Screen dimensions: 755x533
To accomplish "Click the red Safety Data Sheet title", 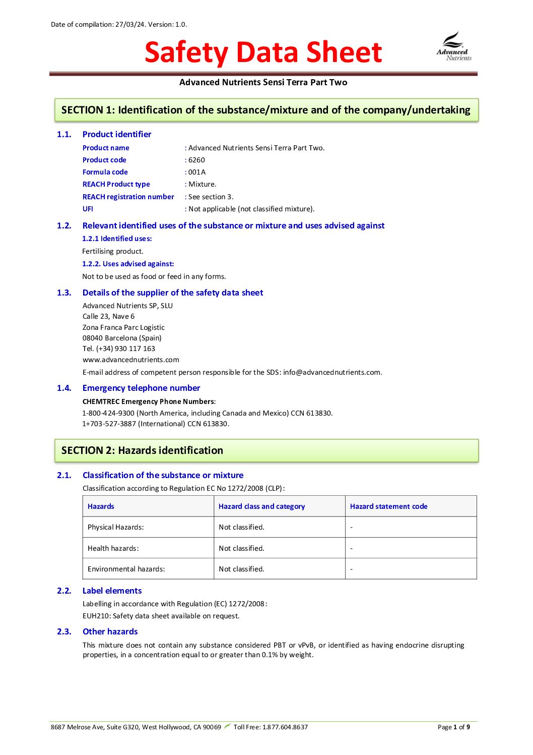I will click(263, 52).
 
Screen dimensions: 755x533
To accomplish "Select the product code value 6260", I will click(196, 160).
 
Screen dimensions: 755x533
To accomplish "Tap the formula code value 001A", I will click(197, 172).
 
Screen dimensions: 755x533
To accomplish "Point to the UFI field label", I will click(88, 209).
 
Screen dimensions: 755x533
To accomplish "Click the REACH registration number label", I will click(128, 197).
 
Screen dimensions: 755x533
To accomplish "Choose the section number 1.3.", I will click(64, 293).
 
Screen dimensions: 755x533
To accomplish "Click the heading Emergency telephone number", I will click(141, 388).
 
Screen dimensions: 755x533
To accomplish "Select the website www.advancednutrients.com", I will click(130, 360).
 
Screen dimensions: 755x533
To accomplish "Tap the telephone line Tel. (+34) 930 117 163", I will click(119, 349).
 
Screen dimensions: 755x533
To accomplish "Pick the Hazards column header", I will click(101, 506).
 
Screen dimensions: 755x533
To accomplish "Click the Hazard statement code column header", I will click(388, 506).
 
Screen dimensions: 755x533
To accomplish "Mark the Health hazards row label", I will click(113, 548).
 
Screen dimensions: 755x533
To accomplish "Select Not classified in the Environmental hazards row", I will click(241, 569).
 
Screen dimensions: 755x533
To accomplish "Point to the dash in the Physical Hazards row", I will click(351, 528).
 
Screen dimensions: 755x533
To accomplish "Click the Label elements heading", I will click(112, 591).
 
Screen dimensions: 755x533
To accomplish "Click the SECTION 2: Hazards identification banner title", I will click(142, 450).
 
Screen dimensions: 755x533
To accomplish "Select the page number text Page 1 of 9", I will click(453, 727).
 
